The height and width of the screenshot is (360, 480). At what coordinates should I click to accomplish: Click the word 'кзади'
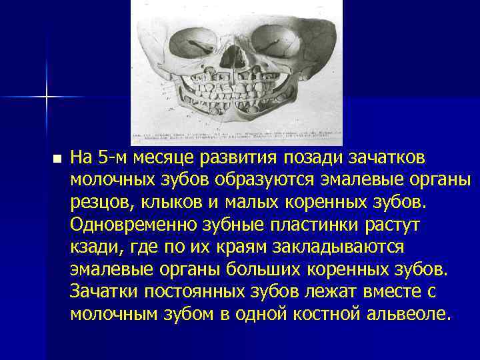pos(91,247)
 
